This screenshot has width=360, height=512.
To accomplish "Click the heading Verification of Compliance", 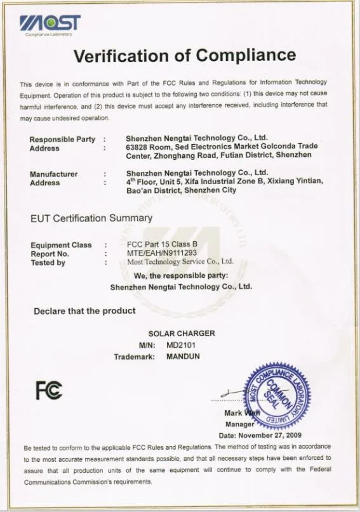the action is (x=185, y=56).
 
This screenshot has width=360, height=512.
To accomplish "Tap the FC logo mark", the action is (x=49, y=390).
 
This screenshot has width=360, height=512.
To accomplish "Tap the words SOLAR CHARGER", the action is (x=182, y=333).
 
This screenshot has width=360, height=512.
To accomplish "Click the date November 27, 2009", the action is (x=260, y=435).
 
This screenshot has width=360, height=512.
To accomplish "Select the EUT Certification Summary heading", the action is (x=91, y=218).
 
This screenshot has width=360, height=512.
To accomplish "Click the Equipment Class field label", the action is (x=61, y=245).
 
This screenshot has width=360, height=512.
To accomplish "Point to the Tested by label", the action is (x=48, y=263).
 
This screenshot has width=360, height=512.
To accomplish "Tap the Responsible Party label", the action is (x=62, y=140).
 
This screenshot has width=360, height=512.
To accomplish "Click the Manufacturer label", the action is (x=54, y=174).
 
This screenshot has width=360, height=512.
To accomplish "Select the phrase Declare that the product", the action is (x=84, y=311).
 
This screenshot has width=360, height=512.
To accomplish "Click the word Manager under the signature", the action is (x=239, y=424).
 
